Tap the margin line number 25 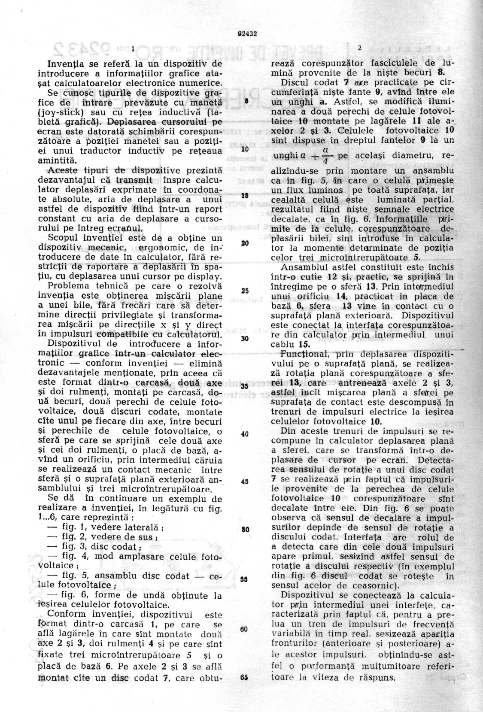pos(245,291)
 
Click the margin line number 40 pos(245,434)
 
